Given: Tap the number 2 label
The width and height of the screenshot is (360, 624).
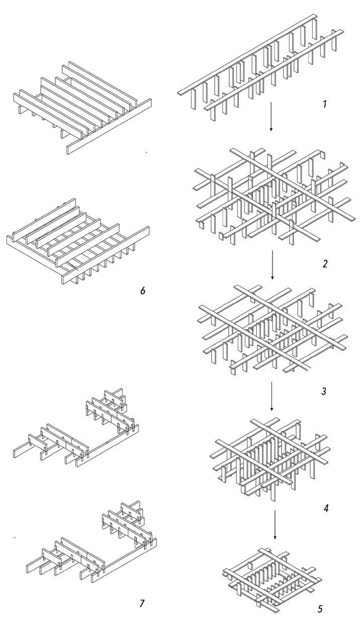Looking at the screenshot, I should point(325,263).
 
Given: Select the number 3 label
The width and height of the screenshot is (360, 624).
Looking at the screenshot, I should point(324,390).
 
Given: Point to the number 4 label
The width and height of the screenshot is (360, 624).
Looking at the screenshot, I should point(326,508).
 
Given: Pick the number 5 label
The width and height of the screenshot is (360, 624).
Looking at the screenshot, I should point(320,609).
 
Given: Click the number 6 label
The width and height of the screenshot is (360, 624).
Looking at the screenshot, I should point(143,291).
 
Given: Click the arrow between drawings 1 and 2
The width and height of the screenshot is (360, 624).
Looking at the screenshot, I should point(271,116).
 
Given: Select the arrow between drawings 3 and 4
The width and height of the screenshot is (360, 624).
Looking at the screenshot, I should point(272,395).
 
